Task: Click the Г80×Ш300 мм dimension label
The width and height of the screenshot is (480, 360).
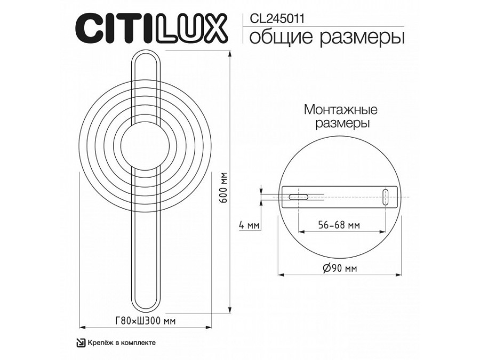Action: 145,320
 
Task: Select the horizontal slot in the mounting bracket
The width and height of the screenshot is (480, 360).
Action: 298,197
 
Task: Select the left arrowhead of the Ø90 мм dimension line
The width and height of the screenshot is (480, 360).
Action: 283,275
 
